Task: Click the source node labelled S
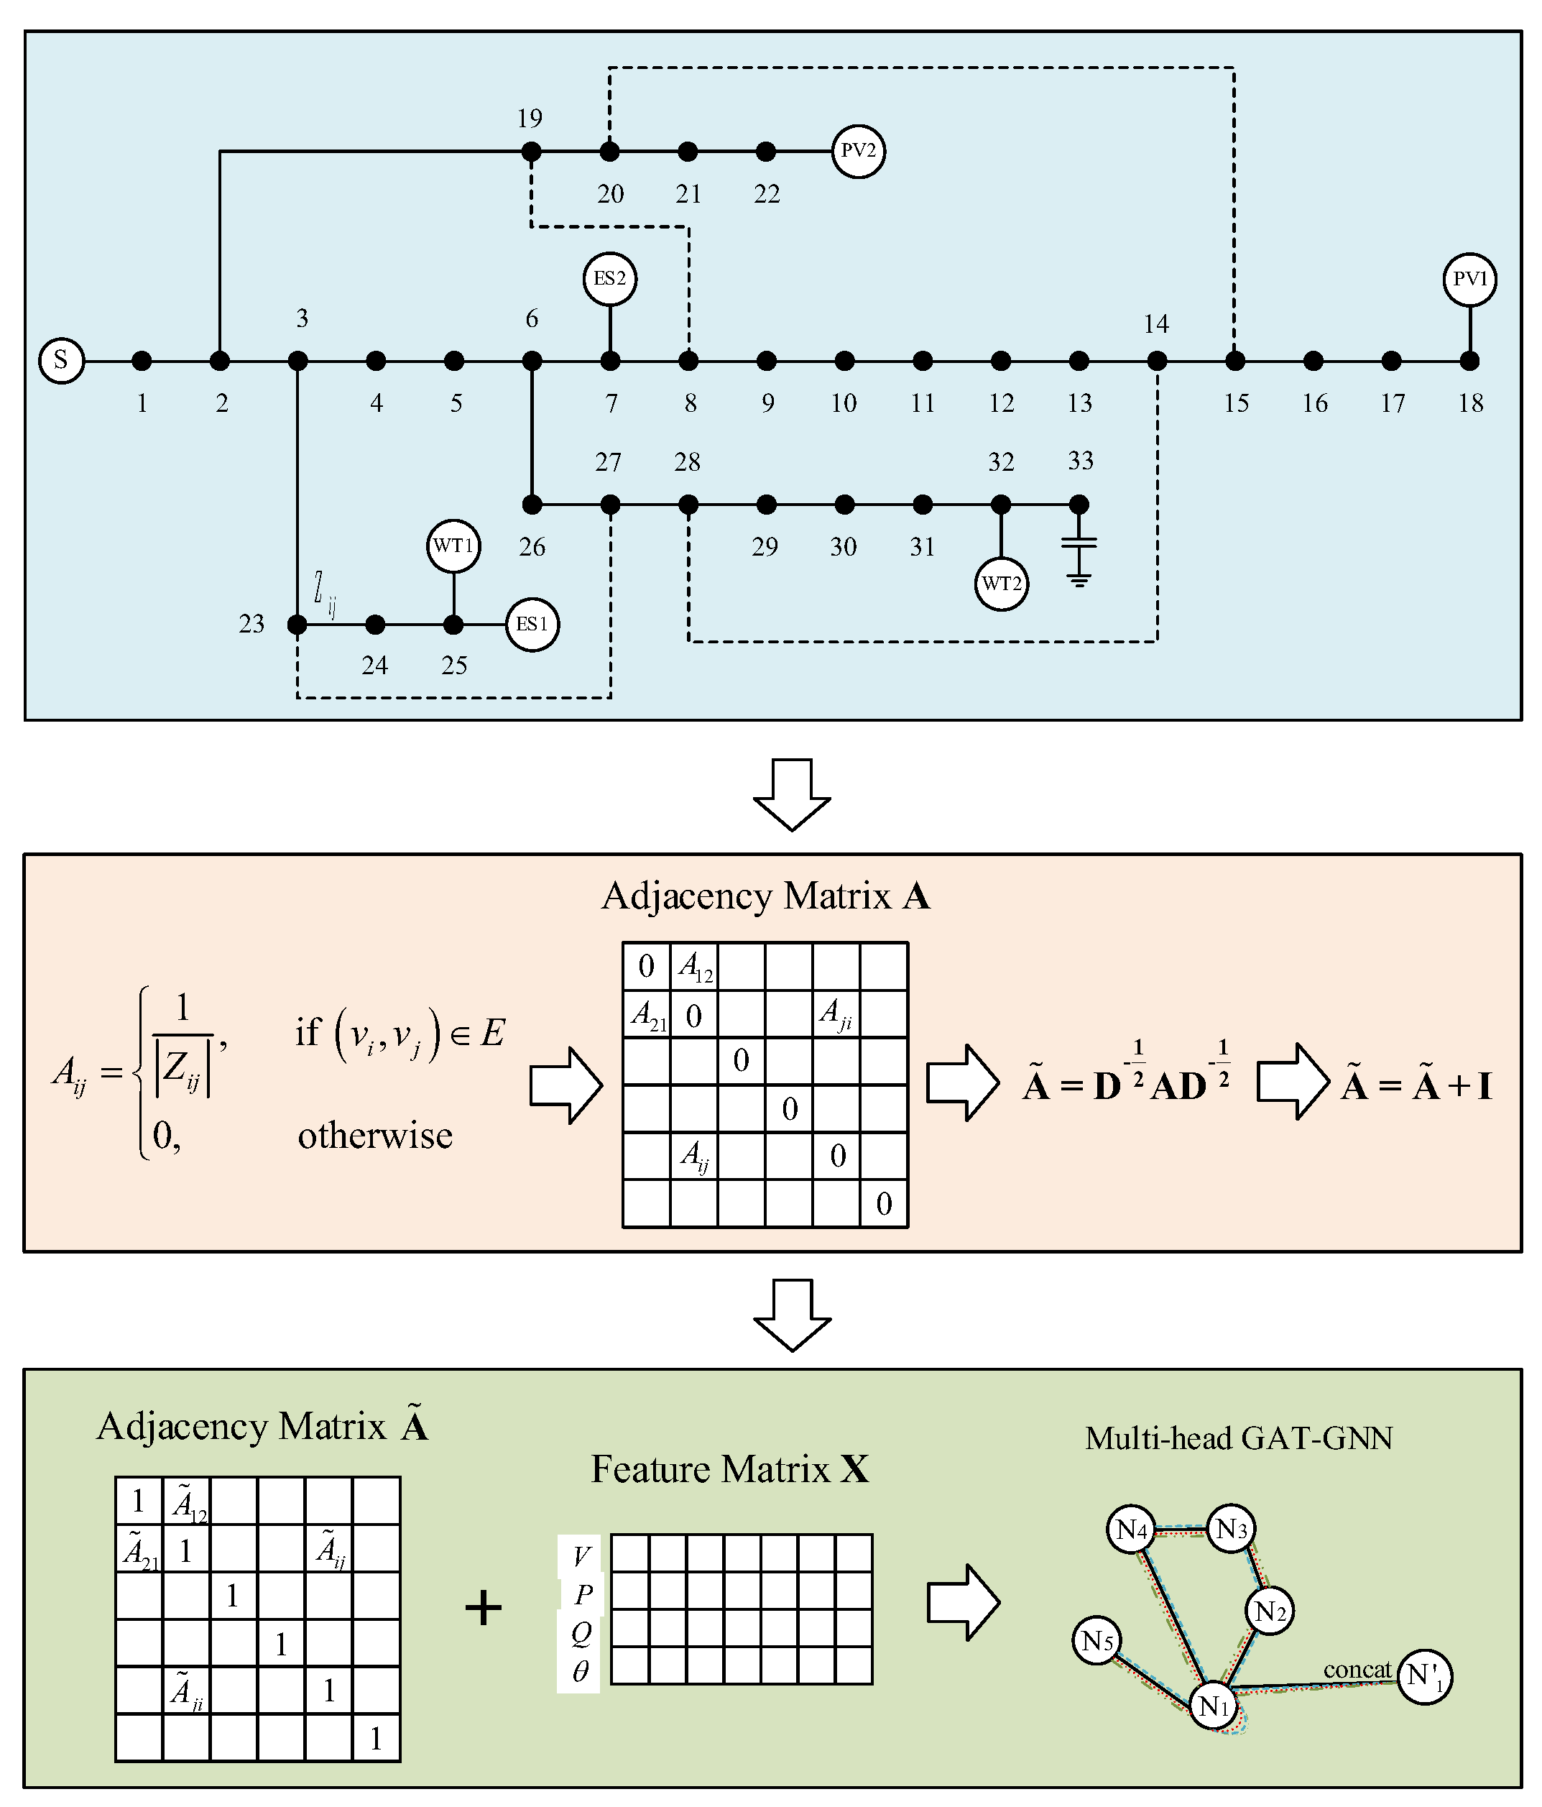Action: tap(61, 360)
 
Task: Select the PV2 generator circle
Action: tap(858, 151)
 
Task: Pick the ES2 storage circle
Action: tap(609, 279)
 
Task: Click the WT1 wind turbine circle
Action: tap(453, 546)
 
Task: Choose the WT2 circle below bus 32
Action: tap(1001, 584)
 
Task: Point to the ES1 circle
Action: tap(532, 625)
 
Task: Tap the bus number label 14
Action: tap(1156, 324)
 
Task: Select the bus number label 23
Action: tap(252, 624)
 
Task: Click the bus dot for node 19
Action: tap(531, 152)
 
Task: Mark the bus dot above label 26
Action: tap(532, 504)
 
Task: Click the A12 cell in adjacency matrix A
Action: tap(695, 966)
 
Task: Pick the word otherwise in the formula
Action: tap(376, 1136)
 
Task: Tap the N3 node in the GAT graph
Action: tap(1230, 1528)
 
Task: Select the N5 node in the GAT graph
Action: tap(1097, 1641)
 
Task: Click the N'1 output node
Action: tap(1424, 1676)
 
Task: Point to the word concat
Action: tap(1357, 1669)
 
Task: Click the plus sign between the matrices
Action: tap(484, 1607)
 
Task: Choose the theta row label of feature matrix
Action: tap(581, 1672)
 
